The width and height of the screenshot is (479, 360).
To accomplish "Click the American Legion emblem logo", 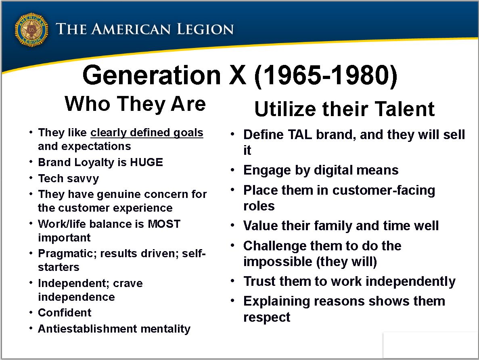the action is pos(31,30).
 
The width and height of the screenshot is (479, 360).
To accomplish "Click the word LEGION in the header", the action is pos(205,29).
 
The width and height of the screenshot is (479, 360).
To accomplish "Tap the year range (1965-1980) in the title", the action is pos(326,75).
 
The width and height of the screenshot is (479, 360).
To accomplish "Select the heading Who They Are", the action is pos(135,104).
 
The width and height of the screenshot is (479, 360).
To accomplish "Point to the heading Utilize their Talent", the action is pos(344,109).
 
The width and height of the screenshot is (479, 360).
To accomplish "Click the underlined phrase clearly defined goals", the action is pos(147,133).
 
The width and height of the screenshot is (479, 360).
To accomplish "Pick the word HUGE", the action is pos(146,162).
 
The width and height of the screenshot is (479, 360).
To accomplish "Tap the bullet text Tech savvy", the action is pos(69,179).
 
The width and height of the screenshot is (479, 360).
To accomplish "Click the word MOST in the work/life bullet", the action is pos(164,224).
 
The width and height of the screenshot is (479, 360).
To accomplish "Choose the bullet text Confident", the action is pos(65,313).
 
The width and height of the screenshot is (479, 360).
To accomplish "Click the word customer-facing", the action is pos(384,190).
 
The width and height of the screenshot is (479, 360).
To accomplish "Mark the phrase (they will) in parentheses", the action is pos(347,262).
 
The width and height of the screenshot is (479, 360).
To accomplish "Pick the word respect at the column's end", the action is pos(267,317).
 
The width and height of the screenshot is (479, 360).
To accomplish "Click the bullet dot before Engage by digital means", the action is pos(233,170).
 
